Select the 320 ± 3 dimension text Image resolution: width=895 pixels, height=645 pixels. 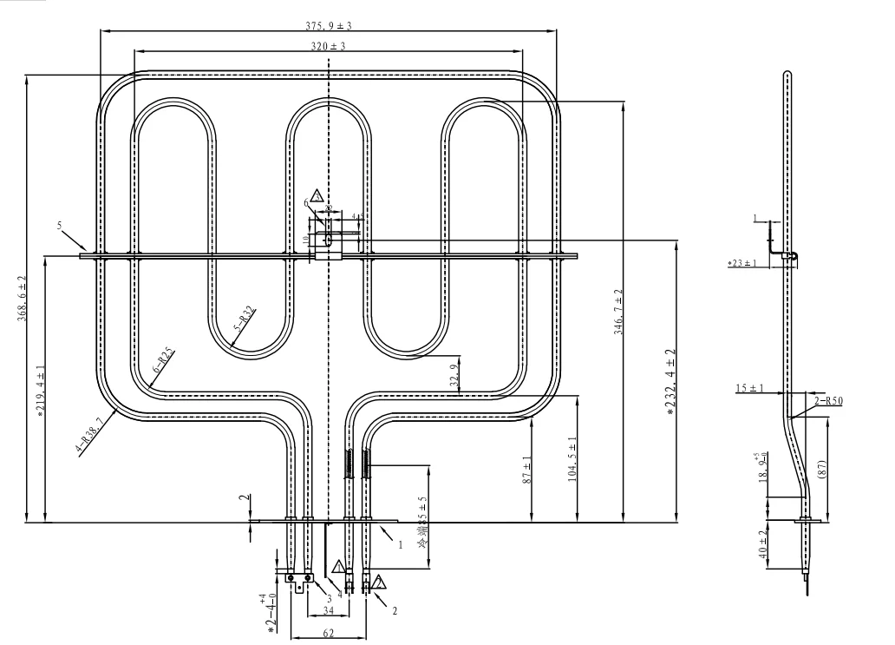point(329,45)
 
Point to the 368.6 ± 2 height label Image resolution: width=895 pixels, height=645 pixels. point(23,299)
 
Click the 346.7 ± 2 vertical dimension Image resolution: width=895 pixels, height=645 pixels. point(617,313)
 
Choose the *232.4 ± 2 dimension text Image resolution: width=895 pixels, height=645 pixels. point(671,382)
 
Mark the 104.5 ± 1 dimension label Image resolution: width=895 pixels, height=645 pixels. point(572,458)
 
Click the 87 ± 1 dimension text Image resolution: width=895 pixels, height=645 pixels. point(528,470)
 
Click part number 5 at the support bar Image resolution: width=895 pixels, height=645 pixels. point(61,226)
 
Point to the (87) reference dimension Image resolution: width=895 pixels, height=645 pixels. point(823,469)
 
